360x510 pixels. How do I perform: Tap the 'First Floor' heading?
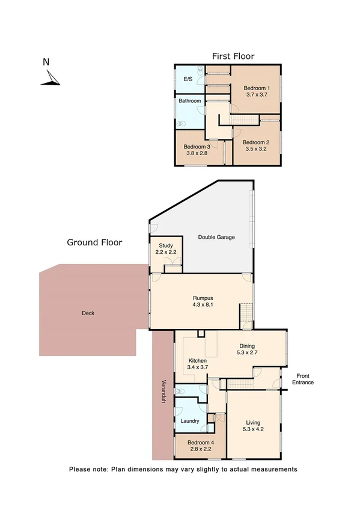233,56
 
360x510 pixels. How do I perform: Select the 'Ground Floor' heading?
94,242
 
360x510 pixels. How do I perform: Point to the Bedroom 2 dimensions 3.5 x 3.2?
255,149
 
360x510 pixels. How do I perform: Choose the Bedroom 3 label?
197,147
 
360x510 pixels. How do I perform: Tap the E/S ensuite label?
188,79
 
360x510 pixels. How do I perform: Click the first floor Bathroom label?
189,101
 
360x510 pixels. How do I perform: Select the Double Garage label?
216,237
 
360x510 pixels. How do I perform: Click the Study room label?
165,245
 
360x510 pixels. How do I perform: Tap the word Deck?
88,313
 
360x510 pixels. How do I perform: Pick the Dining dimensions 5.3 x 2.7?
247,354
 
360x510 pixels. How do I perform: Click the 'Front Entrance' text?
302,379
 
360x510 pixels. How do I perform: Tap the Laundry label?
190,421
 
